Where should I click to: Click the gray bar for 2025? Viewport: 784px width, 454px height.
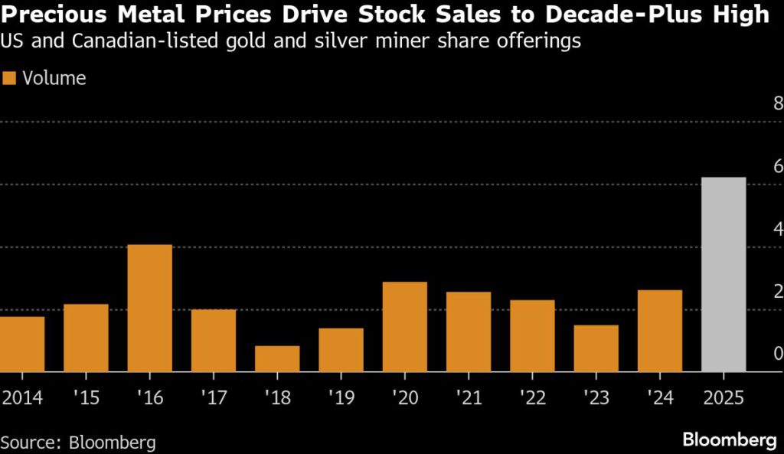click(724, 274)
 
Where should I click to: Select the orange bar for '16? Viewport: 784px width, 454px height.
click(149, 308)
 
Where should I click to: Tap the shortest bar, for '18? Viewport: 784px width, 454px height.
click(277, 358)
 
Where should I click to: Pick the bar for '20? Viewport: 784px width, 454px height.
click(404, 327)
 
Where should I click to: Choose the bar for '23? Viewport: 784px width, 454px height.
click(596, 348)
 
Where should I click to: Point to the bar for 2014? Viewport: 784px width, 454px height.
click(22, 344)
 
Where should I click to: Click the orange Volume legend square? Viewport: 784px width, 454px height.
click(10, 78)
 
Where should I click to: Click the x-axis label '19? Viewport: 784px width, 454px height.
click(341, 397)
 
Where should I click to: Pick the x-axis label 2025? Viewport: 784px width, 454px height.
click(724, 397)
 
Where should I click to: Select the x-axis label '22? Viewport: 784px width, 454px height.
click(532, 397)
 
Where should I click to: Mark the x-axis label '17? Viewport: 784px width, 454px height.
click(214, 397)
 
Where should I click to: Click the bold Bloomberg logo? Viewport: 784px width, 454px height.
click(728, 440)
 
